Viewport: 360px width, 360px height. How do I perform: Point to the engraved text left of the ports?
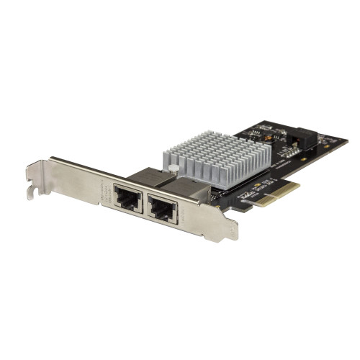(x=102, y=192)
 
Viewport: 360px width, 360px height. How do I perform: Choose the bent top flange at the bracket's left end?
(x=36, y=168)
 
